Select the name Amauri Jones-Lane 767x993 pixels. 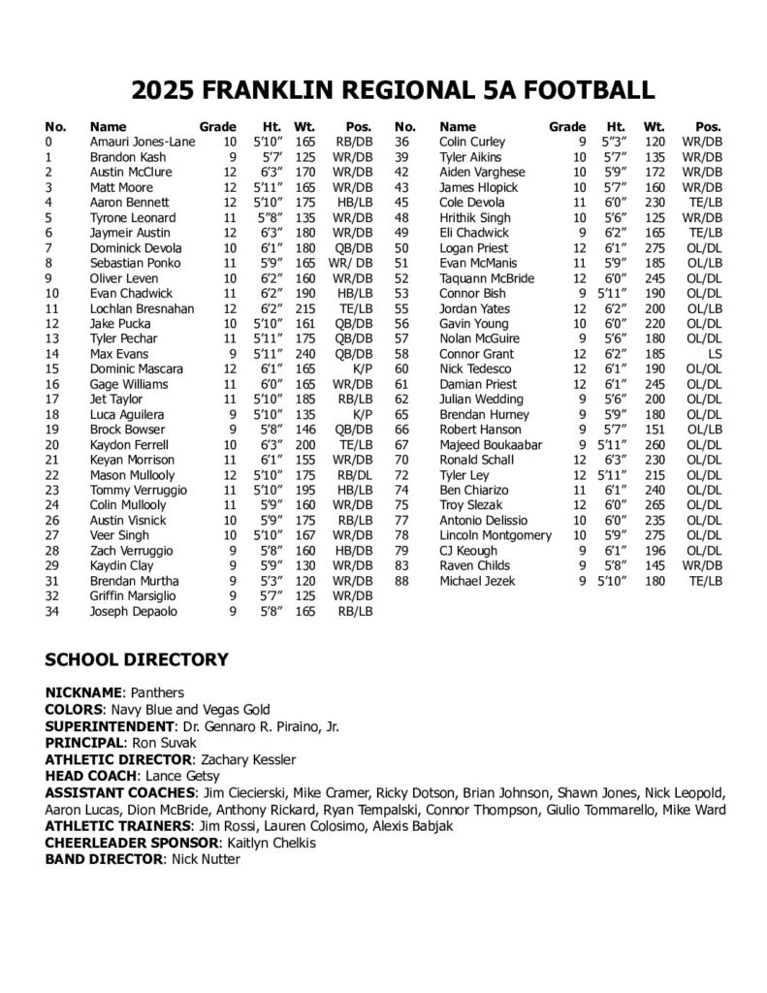point(143,142)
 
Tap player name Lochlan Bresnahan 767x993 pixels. point(141,308)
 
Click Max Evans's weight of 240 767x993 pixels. point(306,354)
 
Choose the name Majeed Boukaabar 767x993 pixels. point(488,445)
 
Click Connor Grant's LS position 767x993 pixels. point(716,354)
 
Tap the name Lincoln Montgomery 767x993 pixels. point(495,535)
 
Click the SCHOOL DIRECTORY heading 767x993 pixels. point(137,660)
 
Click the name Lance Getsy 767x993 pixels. point(180,776)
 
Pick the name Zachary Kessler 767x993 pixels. point(246,759)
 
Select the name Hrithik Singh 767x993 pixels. point(474,217)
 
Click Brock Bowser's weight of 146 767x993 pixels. point(306,430)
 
